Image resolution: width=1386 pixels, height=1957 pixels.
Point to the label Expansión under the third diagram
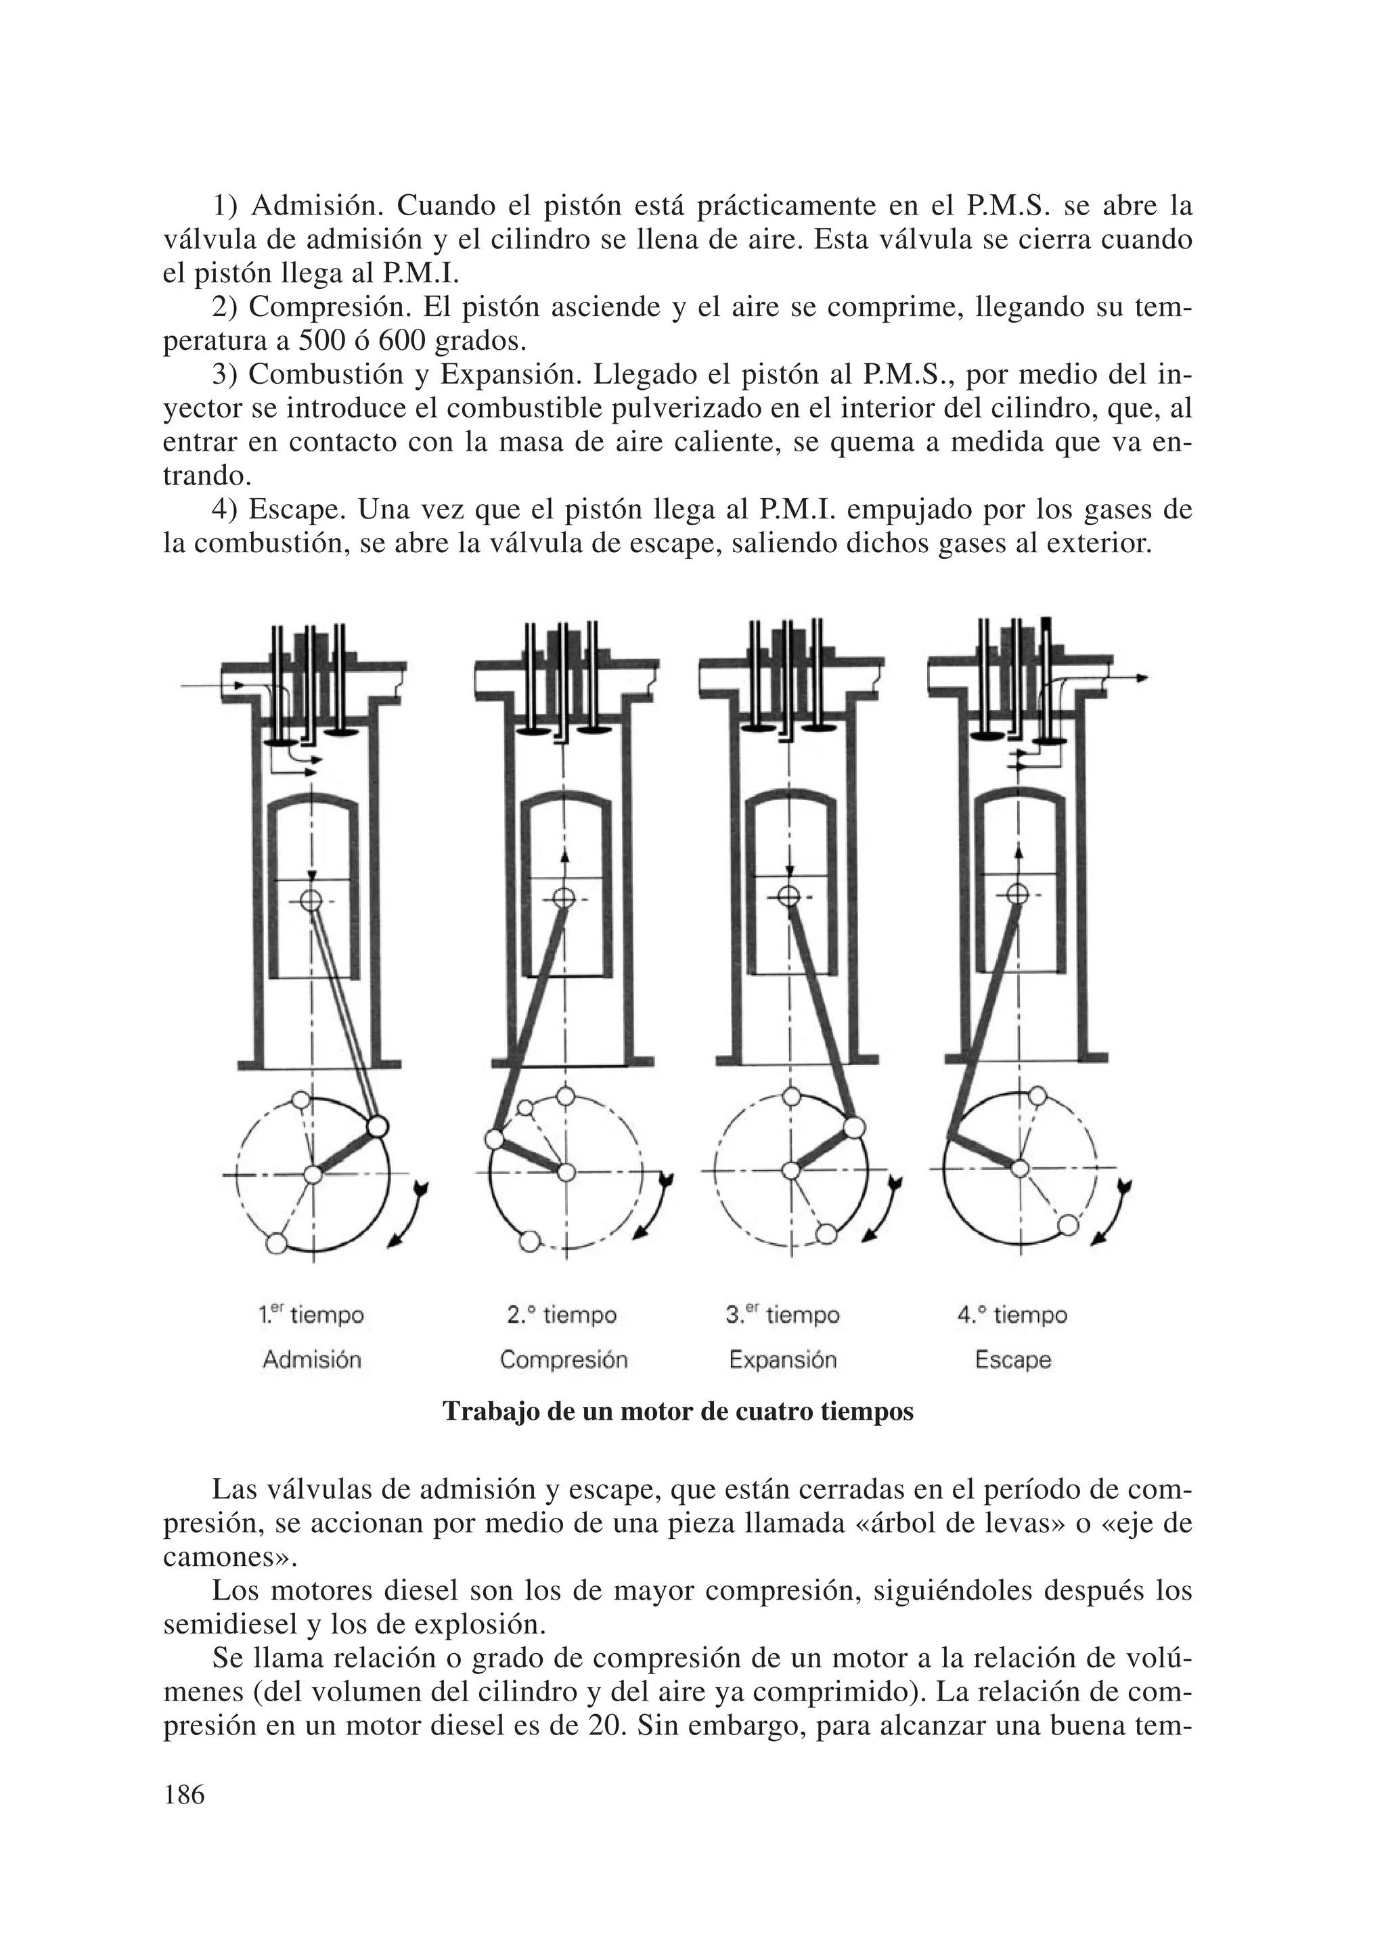coord(782,1359)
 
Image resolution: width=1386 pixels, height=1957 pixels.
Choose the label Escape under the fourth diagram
coord(1013,1359)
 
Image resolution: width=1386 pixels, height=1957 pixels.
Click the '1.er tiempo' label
coord(311,1315)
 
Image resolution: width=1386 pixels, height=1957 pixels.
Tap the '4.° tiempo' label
coord(1012,1315)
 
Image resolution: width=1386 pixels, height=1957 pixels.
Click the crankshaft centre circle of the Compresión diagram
coord(565,1173)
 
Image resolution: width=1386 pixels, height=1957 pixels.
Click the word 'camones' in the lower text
coord(225,1558)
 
